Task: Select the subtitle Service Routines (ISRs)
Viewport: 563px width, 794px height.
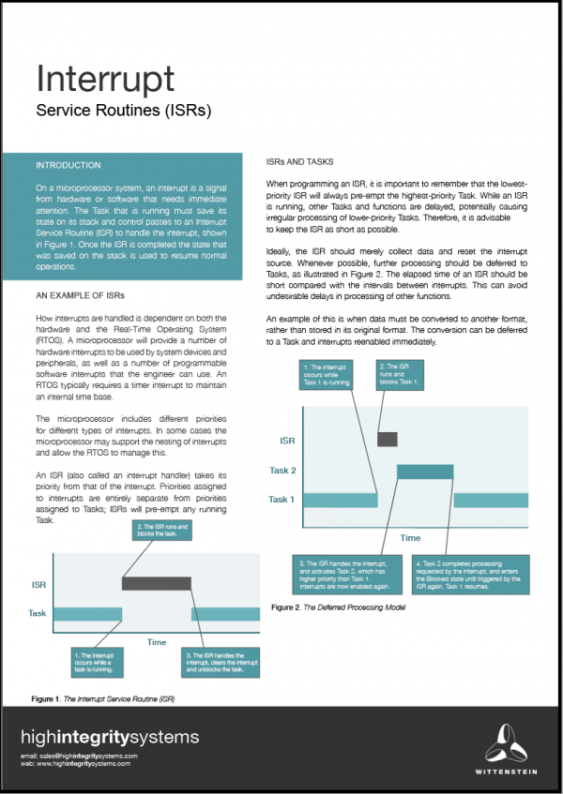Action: click(x=123, y=110)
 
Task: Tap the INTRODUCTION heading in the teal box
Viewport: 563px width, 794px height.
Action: click(x=68, y=165)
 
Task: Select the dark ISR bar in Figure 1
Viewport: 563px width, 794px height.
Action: click(x=156, y=583)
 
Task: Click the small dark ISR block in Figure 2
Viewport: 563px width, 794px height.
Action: click(x=387, y=439)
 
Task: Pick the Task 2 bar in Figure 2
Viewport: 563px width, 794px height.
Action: click(x=426, y=472)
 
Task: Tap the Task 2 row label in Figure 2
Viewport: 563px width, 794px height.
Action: click(x=281, y=471)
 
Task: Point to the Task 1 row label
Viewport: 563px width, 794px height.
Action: click(x=281, y=500)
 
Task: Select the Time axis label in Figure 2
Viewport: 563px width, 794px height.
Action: click(x=410, y=538)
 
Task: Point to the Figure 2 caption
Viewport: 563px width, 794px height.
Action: click(x=337, y=607)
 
